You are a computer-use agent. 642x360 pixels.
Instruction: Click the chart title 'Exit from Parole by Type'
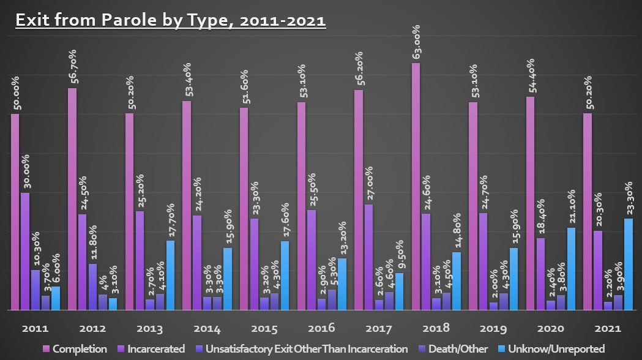coord(170,20)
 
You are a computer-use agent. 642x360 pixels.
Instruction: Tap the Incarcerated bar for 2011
coord(25,252)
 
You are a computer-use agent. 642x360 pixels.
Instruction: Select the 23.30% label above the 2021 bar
coord(629,197)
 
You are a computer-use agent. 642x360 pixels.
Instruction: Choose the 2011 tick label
coord(31,329)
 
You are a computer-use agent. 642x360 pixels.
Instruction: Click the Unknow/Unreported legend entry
coord(554,349)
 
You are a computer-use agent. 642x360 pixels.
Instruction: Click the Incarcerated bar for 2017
coord(368,258)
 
